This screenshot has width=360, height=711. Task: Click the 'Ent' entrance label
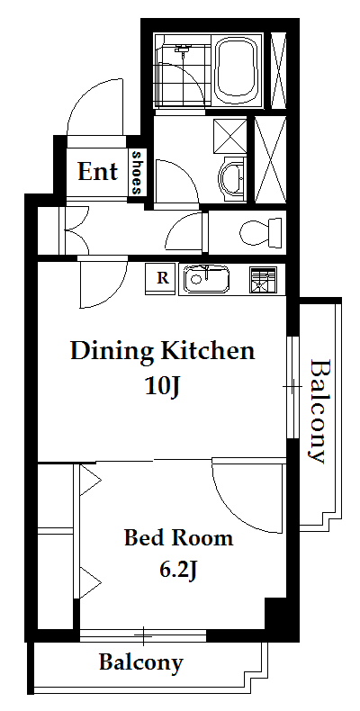97,171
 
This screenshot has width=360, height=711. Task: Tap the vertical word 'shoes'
137,172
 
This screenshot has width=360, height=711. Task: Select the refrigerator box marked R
162,277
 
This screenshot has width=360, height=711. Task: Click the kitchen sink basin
206,278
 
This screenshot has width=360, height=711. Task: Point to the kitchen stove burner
263,280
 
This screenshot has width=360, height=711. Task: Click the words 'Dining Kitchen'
162,352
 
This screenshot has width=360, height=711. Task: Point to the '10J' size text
163,387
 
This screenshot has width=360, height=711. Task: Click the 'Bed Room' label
178,538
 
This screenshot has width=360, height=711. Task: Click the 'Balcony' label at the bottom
141,662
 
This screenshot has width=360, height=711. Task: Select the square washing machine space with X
229,136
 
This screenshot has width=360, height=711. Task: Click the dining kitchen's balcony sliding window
293,387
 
